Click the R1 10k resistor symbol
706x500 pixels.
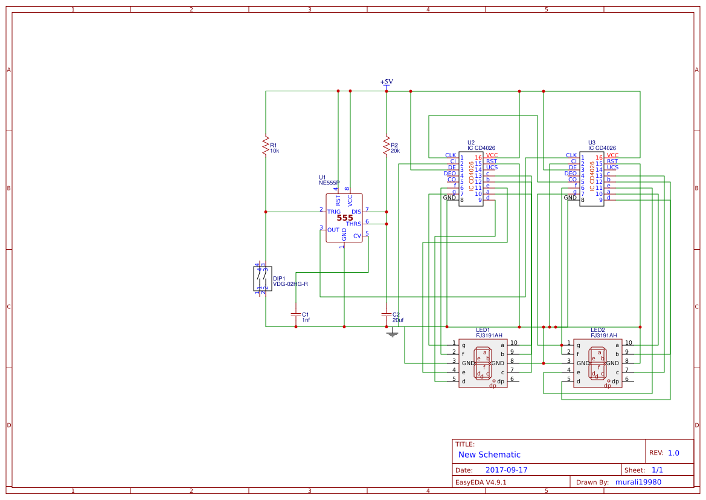coord(265,146)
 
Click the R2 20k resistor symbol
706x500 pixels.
coord(386,146)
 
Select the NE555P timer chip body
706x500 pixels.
coord(344,218)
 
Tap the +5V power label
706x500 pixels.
coord(387,82)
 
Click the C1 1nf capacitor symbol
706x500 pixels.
coord(295,314)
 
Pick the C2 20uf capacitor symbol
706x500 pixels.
coord(386,314)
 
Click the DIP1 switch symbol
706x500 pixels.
coord(263,279)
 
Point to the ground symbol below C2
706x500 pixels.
coord(392,333)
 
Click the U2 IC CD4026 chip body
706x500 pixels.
coord(470,179)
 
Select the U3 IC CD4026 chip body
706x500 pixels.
coord(591,179)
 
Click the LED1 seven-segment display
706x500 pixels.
coord(483,363)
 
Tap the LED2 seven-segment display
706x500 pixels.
coord(597,363)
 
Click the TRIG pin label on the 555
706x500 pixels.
coord(333,212)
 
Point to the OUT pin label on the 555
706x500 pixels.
coord(333,230)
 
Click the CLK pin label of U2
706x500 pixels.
coord(451,155)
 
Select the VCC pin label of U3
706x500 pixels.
coord(612,155)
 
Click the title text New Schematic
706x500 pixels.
coord(489,455)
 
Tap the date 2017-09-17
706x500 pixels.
coord(506,470)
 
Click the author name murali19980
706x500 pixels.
coord(638,482)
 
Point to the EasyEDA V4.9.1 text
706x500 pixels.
coord(481,482)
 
